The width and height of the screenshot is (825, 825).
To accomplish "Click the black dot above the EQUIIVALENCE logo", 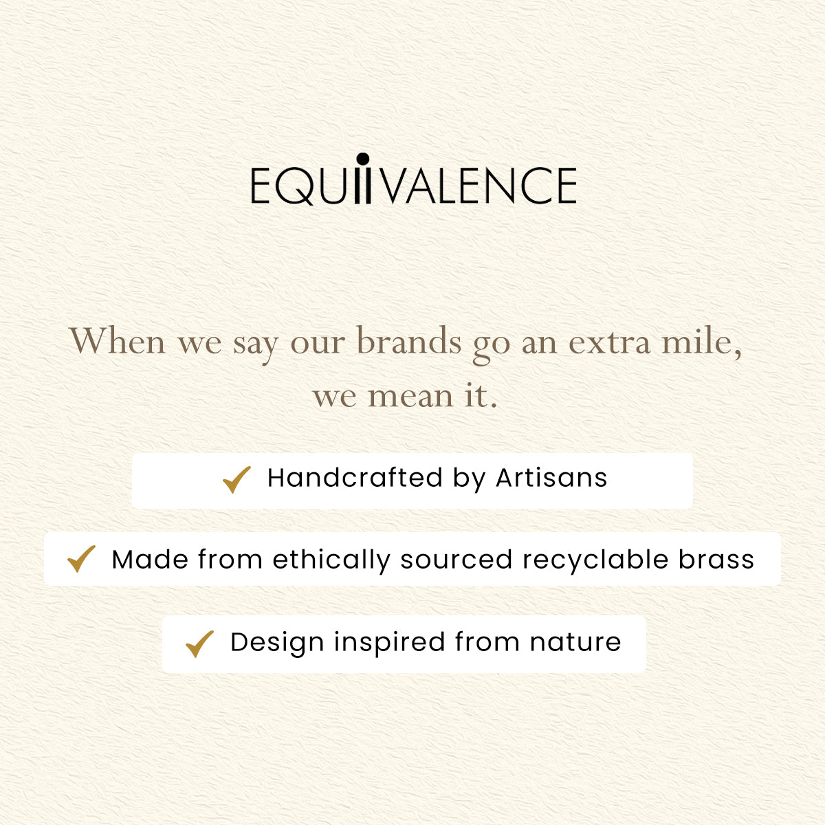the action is tap(362, 159).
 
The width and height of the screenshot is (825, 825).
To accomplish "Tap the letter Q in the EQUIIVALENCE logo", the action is tap(294, 186).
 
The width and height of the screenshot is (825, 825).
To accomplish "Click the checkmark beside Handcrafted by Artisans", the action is tap(236, 479).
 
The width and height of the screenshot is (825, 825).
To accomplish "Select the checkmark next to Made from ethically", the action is tap(81, 559).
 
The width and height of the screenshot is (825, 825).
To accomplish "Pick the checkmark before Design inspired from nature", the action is tap(199, 644).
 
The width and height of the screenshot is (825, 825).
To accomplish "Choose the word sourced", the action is tap(456, 559).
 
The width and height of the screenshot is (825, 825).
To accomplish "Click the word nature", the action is tap(575, 643).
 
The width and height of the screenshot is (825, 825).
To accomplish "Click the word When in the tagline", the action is tap(118, 341).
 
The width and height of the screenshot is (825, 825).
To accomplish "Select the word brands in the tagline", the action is tap(409, 341).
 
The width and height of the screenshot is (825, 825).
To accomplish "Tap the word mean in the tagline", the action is tap(411, 397).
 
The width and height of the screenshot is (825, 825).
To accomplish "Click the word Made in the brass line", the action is tap(150, 559).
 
